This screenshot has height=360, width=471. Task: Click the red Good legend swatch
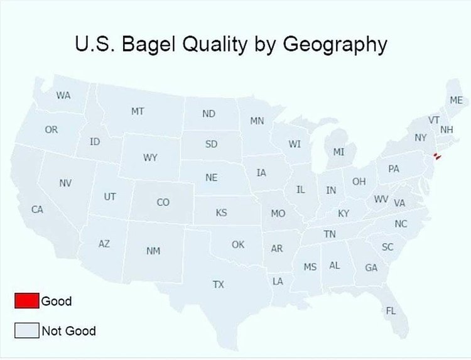coord(26,301)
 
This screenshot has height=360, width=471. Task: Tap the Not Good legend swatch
coord(26,330)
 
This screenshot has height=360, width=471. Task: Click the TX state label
coord(218,285)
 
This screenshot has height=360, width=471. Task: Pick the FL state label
coord(391,310)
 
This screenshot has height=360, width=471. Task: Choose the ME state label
coord(456,100)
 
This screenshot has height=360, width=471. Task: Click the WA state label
coord(63,95)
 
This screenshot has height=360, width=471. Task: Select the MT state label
coord(138,111)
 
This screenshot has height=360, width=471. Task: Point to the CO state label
coord(163,202)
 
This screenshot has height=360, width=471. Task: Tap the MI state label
coord(338,151)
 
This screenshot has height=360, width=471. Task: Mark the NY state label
coord(420,137)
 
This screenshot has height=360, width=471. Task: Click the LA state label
coord(277,281)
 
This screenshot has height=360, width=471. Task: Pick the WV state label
coord(380,199)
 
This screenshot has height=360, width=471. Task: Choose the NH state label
coord(447,129)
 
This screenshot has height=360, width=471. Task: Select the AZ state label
coord(104,243)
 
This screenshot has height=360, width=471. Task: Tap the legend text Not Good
coord(68,330)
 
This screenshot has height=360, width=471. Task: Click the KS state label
coord(221,212)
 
